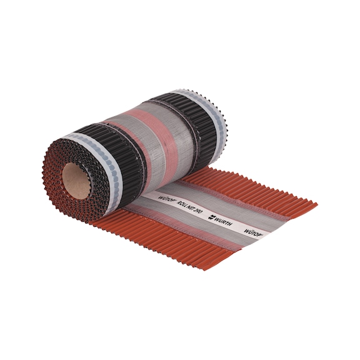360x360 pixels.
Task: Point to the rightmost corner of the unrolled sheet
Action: coord(316,204)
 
